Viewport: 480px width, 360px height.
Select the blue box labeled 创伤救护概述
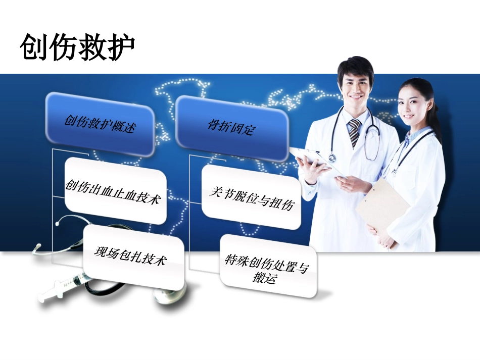[100, 124]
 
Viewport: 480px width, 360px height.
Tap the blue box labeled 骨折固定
[232, 128]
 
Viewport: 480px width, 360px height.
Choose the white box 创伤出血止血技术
[115, 190]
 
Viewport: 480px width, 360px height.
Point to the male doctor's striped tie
[355, 132]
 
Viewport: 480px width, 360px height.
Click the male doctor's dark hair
[356, 66]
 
